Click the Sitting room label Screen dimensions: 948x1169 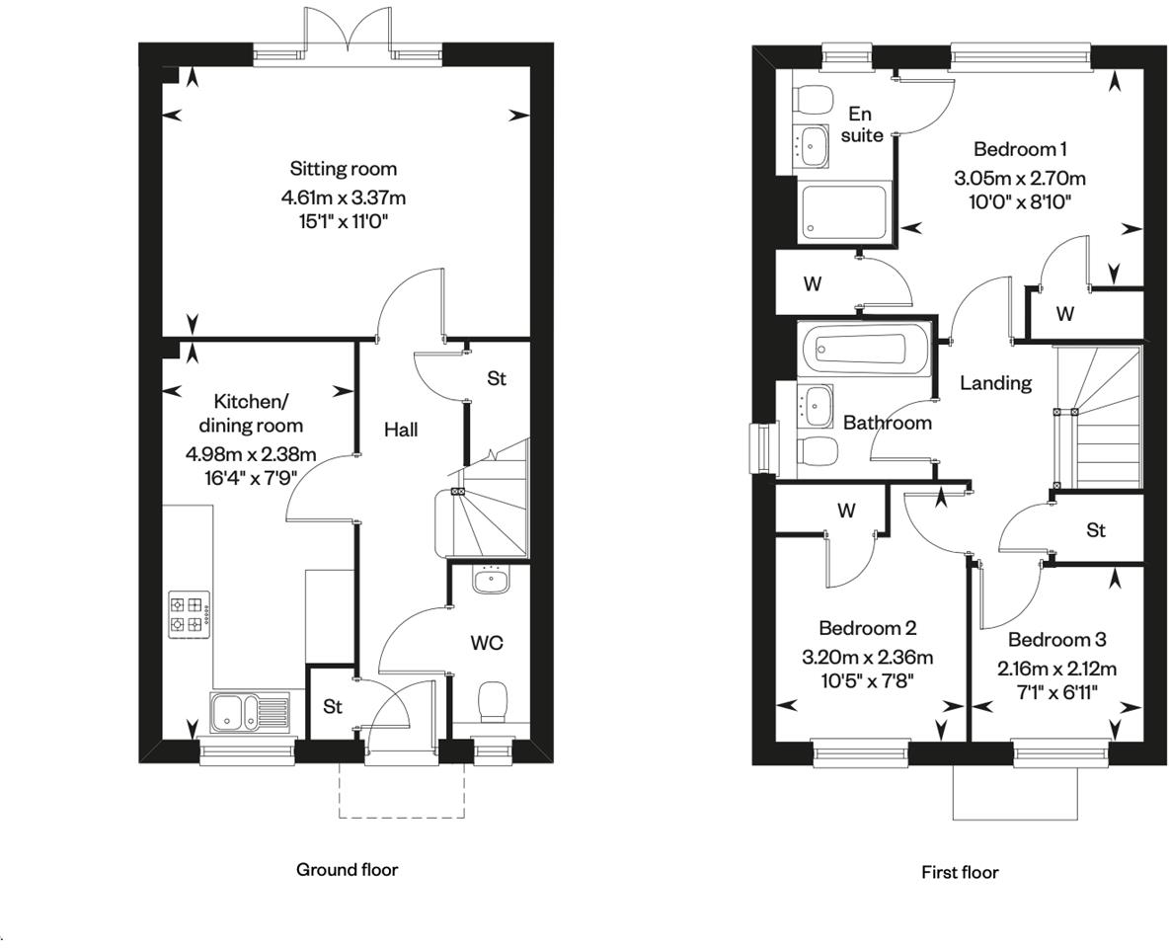[343, 169]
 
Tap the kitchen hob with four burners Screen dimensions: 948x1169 [188, 613]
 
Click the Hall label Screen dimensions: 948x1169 [401, 430]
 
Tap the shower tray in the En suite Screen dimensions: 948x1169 [842, 211]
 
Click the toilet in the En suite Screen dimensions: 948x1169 [814, 100]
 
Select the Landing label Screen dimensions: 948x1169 [995, 383]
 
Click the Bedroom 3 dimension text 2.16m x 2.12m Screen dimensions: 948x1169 [1056, 669]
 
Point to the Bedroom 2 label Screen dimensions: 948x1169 [867, 628]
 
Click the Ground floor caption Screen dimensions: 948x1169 [347, 870]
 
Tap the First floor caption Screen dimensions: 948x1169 [959, 872]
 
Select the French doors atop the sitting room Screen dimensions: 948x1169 [347, 30]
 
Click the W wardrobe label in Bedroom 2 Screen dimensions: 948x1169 [846, 512]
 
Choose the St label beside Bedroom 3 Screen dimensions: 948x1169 [1095, 531]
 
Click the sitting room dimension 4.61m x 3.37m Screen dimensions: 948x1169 [343, 197]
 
